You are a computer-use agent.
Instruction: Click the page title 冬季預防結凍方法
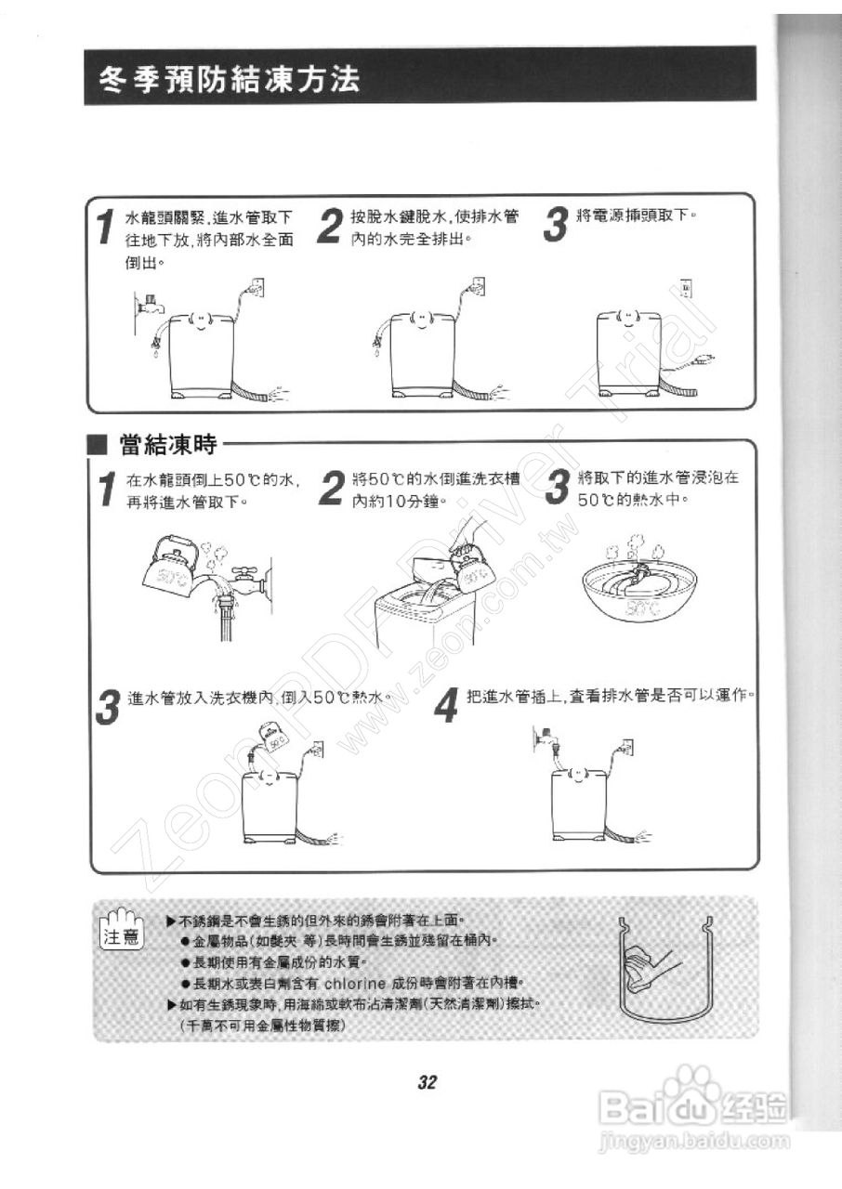coord(230,79)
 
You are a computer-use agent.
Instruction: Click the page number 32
coord(427,1082)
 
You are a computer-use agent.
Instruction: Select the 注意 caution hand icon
coord(122,930)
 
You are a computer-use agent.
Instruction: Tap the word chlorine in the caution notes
coord(362,983)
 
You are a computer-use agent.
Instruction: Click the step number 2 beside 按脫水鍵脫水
coord(328,227)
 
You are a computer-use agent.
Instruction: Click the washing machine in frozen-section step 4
coord(578,804)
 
